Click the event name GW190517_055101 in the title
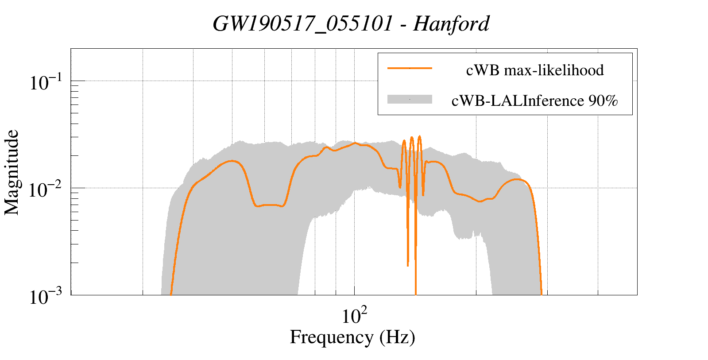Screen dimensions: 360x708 (x=302, y=24)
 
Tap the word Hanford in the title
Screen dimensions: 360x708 (x=451, y=24)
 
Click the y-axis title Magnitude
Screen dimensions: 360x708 (x=12, y=172)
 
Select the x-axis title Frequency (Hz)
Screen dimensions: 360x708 (x=352, y=337)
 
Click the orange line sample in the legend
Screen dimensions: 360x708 (x=410, y=68)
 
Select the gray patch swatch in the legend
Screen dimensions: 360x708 (x=410, y=100)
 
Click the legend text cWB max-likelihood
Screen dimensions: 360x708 (x=535, y=70)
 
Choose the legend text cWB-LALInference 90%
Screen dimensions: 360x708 (x=534, y=101)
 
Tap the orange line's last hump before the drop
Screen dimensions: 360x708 (x=516, y=179)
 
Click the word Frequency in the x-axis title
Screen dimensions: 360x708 (x=332, y=337)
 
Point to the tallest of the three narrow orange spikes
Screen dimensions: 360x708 (x=419, y=136)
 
